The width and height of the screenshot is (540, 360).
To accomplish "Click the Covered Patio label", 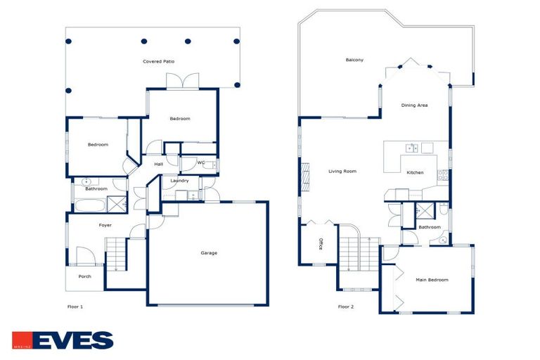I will [x=158, y=62].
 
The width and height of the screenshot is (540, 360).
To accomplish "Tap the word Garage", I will [x=209, y=253].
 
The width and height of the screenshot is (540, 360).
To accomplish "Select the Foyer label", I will [x=105, y=225].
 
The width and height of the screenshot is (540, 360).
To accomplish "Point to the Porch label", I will [x=84, y=276].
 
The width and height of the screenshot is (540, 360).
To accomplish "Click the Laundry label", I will [x=179, y=181].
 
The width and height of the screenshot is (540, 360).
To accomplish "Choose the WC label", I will [x=201, y=163].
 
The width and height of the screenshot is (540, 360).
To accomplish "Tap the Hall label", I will [x=159, y=164].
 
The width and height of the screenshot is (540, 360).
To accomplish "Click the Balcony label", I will [x=354, y=60].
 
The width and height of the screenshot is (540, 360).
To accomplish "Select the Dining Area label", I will [x=414, y=105].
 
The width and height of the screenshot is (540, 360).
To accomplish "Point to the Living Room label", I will [x=342, y=171].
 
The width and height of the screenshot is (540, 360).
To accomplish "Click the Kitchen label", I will [x=415, y=172].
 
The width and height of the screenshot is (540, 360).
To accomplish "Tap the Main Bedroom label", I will [x=432, y=280].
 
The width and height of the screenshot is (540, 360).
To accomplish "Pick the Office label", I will [x=321, y=244].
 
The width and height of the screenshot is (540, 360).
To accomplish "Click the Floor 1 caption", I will [x=75, y=307].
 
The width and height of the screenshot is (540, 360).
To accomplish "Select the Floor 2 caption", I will [x=346, y=307].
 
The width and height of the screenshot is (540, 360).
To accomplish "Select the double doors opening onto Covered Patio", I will [x=182, y=82].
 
